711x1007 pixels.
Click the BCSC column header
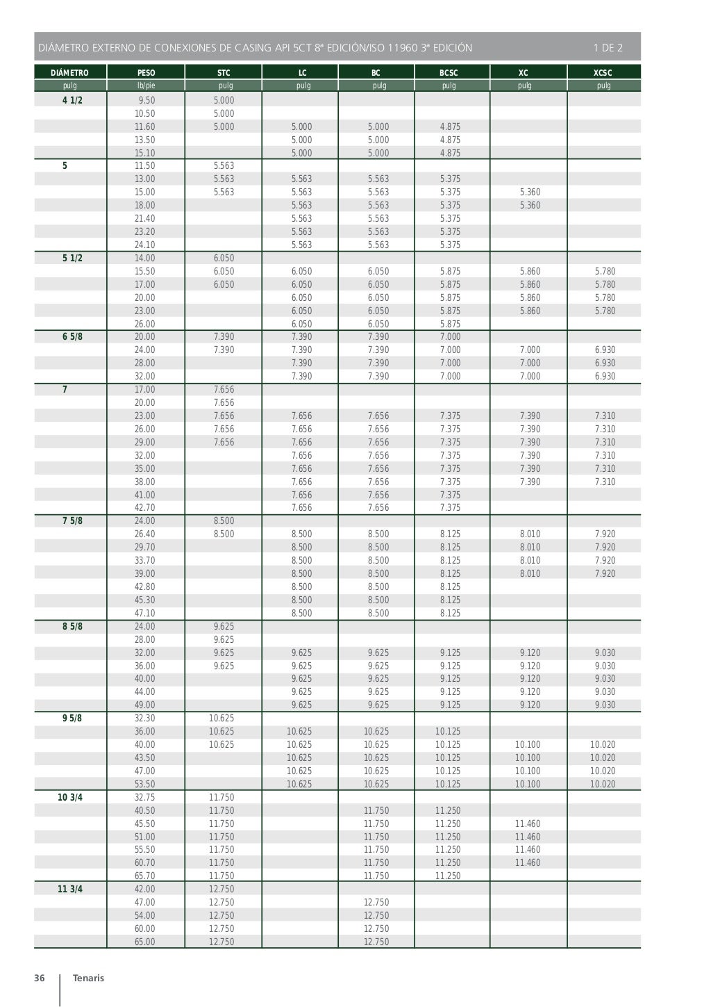coord(449,72)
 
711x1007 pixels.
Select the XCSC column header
coord(603,72)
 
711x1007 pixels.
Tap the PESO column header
coord(146,72)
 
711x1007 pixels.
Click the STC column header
coord(224,72)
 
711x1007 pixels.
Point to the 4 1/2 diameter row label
coord(72,100)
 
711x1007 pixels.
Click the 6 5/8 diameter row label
coord(72,336)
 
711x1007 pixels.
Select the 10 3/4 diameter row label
coord(70,797)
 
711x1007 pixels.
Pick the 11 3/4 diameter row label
coord(70,889)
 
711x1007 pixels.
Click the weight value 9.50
coord(147,100)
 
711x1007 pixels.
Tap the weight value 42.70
coord(145,508)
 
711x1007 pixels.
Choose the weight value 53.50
coord(145,784)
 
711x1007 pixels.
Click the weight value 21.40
coord(145,218)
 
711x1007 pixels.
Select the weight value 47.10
coord(145,613)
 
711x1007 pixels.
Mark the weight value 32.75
coord(145,797)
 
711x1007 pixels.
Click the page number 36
coord(40,978)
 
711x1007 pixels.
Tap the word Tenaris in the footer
coord(88,978)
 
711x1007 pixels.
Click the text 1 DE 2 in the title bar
coord(608,48)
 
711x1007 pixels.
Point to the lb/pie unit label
coord(146,85)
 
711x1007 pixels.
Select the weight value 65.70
coord(145,876)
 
